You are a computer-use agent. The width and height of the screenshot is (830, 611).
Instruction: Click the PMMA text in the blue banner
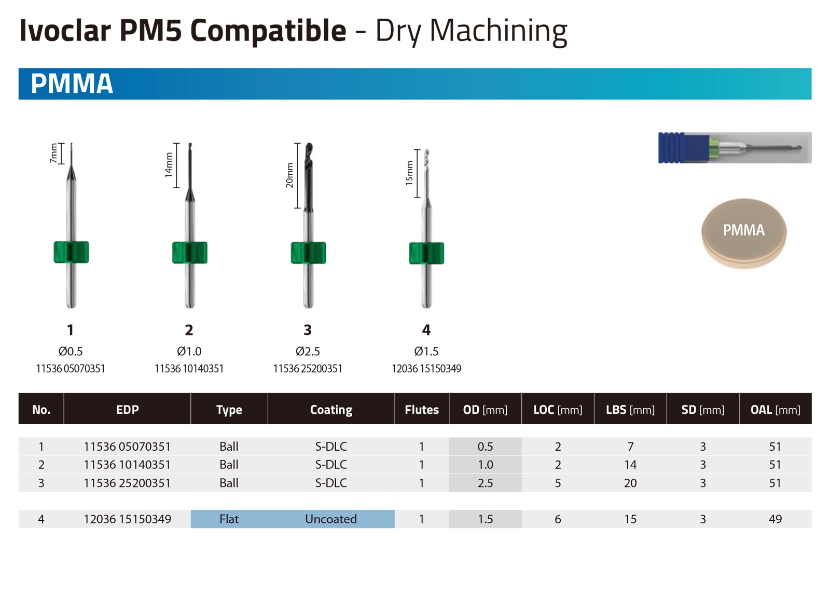tap(72, 84)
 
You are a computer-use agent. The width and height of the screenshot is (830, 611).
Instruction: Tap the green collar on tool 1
tap(71, 252)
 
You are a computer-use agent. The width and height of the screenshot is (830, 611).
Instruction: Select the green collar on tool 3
tap(308, 253)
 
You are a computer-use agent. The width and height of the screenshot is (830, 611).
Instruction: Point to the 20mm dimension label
tap(289, 175)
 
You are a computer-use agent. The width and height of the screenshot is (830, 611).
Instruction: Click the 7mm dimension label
tap(54, 153)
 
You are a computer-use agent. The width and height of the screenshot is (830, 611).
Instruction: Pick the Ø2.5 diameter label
tap(308, 351)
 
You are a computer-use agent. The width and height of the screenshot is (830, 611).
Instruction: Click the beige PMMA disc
tap(744, 234)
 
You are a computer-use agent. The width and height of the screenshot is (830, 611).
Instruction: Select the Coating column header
tap(331, 410)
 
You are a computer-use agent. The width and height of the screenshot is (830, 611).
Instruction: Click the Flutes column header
tap(422, 410)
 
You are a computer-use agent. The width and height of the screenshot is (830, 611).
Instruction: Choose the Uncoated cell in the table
tap(331, 519)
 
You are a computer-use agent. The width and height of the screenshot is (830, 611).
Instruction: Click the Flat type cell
tap(229, 519)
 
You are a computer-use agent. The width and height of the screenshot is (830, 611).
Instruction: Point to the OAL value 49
tap(775, 519)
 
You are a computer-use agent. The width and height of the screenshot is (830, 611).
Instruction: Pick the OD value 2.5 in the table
tap(485, 483)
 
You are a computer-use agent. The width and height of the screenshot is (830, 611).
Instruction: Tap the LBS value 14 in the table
tap(630, 465)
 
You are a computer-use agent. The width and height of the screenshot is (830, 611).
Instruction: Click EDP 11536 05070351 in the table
tap(127, 447)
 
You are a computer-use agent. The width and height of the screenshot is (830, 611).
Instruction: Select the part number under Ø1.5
tap(426, 369)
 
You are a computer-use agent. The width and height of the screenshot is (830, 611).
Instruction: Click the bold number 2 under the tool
tap(189, 330)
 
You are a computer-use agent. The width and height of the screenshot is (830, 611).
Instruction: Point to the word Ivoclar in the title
tap(65, 31)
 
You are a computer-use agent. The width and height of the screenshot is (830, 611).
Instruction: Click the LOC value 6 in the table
tap(558, 519)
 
